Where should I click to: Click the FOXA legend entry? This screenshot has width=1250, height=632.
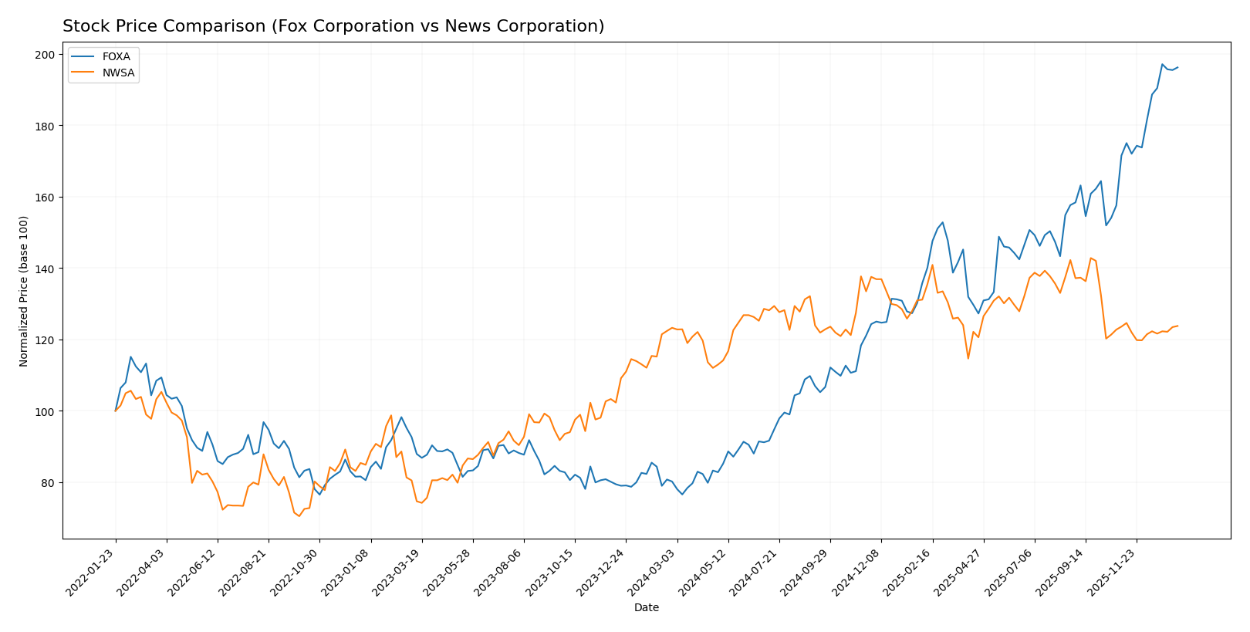coord(116,56)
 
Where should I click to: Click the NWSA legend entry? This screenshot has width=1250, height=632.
coord(117,73)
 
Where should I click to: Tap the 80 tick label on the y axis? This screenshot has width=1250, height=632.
coord(48,483)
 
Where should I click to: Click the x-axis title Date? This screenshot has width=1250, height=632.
coord(646,608)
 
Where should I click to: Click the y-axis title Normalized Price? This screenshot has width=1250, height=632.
coord(24,292)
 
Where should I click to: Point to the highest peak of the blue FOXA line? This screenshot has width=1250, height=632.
coord(1162,64)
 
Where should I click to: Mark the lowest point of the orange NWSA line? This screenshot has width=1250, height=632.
coord(299,516)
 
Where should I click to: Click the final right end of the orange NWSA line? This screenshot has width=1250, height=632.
coord(1177,326)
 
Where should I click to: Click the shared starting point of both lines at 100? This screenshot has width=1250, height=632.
coord(116,411)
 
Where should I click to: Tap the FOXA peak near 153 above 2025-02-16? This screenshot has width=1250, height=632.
coord(942,222)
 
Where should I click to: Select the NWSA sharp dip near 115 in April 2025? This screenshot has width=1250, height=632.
coord(968,358)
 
